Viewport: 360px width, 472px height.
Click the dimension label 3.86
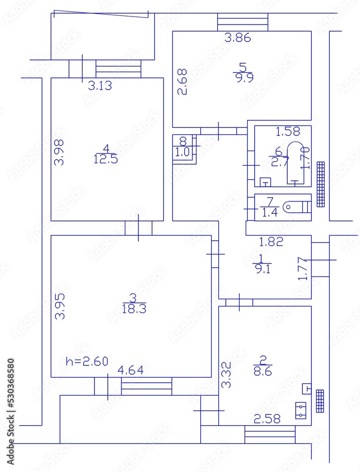(237, 38)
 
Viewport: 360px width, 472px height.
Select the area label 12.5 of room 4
(106, 159)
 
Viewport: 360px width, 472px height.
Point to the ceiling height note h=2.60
(87, 362)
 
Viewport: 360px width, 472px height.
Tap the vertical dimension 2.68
(182, 82)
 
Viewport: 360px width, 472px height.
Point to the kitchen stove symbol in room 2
(300, 410)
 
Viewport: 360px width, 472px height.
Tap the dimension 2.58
(267, 419)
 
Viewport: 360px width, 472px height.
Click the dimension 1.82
(271, 242)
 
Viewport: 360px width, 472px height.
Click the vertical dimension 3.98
(59, 151)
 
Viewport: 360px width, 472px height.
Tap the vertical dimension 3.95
(59, 306)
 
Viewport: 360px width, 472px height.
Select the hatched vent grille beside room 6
(321, 184)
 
